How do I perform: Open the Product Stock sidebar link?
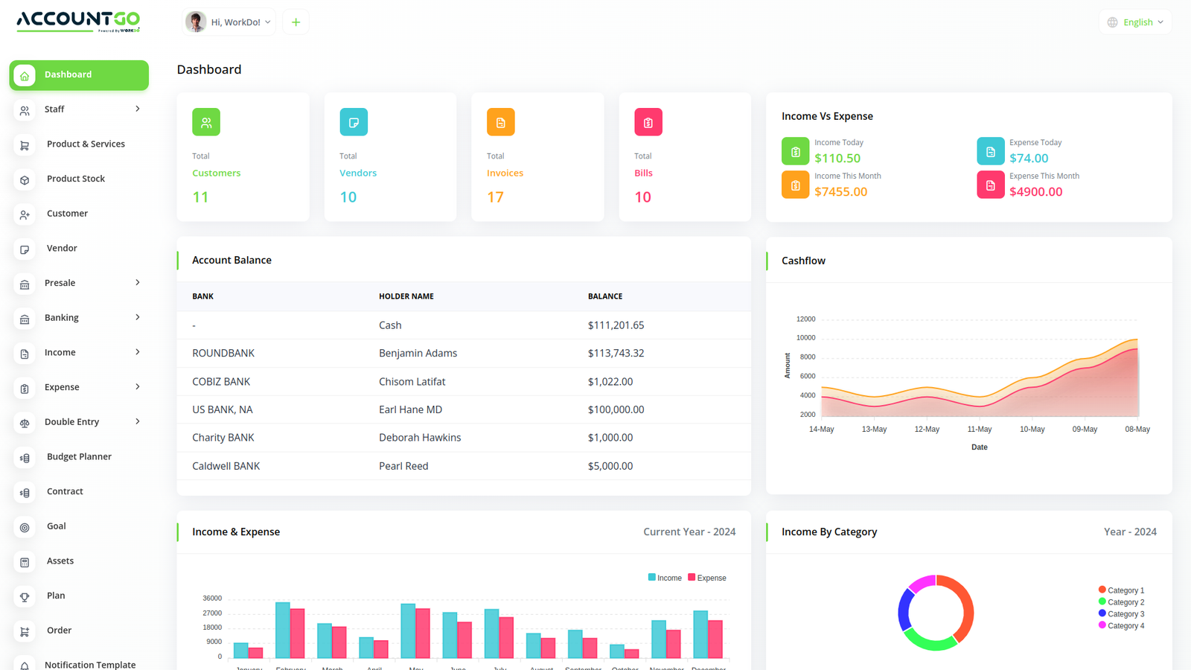pos(75,179)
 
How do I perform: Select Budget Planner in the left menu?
pos(79,456)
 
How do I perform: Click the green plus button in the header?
pos(296,22)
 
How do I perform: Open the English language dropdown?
pos(1135,22)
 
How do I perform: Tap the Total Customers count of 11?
pos(200,197)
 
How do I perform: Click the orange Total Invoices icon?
pos(500,122)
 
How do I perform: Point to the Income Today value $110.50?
pos(837,158)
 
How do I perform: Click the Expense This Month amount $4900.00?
pos(1035,191)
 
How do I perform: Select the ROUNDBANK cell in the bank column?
pos(223,353)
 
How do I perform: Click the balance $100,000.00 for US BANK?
pos(616,409)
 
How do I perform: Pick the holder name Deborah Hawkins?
pos(420,438)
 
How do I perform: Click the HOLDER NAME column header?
pos(406,296)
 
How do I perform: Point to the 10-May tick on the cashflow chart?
pos(1032,430)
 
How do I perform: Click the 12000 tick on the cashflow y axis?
pos(805,319)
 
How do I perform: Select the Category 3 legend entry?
pos(1125,614)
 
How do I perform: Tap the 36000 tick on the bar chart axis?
pos(212,599)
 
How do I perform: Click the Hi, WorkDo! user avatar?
pos(196,22)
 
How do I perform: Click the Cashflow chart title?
pos(803,261)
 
